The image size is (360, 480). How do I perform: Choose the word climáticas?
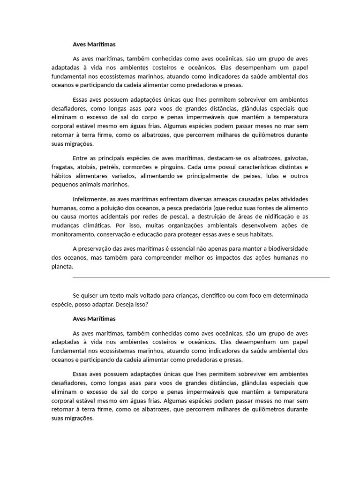pyautogui.click(x=97, y=225)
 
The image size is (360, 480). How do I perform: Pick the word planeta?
pyautogui.click(x=62, y=266)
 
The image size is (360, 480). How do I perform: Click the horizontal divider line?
pyautogui.click(x=202, y=277)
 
